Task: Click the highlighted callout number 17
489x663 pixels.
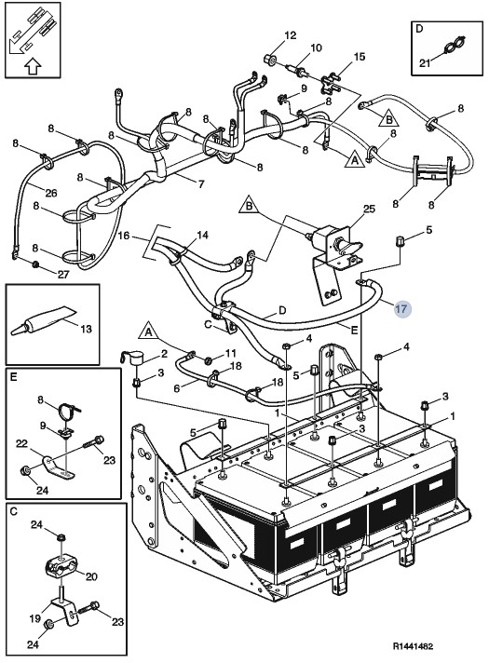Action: coord(401,309)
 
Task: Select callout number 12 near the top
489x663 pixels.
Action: coord(289,35)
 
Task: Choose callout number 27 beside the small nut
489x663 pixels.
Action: coord(64,274)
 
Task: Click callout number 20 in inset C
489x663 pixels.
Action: coord(91,576)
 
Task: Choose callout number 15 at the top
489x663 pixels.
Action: coord(359,58)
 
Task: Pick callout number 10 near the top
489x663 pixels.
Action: coord(316,47)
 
